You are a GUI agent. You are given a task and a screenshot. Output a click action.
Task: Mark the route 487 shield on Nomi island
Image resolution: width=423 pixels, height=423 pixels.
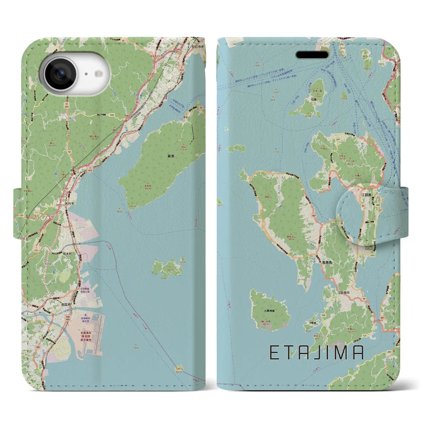click(x=313, y=216)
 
